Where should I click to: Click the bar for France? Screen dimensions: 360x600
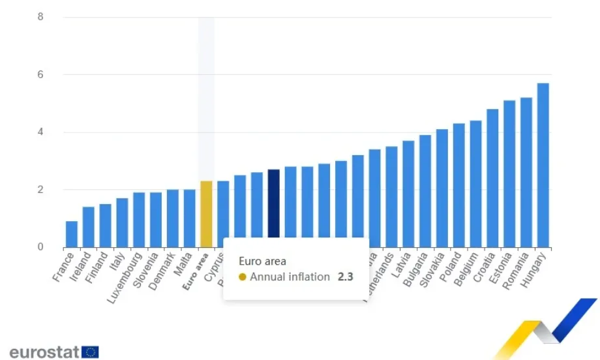[72, 234]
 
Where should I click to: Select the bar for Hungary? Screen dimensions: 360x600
[543, 166]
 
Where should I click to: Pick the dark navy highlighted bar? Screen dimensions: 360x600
[274, 209]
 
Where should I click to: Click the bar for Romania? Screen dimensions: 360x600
[526, 173]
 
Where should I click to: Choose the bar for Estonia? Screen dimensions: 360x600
[509, 174]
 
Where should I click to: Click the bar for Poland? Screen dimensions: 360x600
[458, 185]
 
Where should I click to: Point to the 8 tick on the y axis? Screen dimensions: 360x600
[40, 17]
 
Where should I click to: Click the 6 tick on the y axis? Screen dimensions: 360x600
[40, 75]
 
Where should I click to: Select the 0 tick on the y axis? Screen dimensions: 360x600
[40, 247]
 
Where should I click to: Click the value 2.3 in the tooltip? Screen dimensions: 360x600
[346, 277]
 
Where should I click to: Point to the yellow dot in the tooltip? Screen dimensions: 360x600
[243, 277]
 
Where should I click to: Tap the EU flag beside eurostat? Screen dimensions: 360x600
[91, 352]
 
